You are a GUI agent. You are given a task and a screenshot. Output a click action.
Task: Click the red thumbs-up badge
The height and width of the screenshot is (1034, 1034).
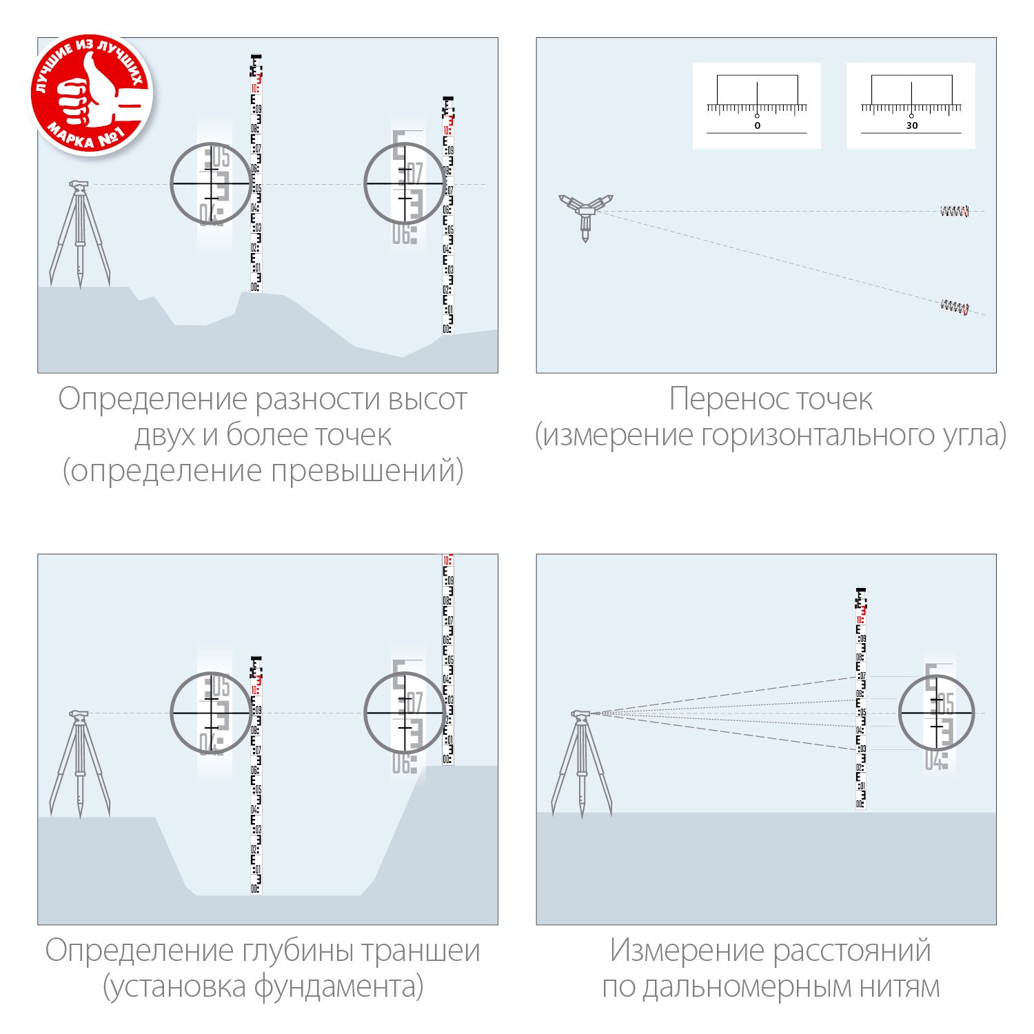(91, 94)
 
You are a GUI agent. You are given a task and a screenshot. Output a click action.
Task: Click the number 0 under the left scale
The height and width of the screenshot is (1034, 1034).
(757, 125)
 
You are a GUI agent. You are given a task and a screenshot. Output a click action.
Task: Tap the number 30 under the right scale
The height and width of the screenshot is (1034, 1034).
(911, 125)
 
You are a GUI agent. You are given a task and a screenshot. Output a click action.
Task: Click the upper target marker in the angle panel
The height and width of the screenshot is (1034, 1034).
(954, 212)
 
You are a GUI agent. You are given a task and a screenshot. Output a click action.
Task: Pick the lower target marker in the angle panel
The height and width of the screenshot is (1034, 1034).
(955, 307)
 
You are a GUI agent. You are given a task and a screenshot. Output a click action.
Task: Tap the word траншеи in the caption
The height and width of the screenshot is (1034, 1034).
(420, 951)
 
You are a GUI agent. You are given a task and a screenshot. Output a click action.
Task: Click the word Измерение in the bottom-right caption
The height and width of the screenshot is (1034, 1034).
(687, 951)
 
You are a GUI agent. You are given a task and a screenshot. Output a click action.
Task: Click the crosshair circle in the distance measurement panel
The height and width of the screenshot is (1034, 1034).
(936, 713)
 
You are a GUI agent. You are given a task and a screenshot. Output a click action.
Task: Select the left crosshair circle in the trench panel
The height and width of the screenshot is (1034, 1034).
(211, 713)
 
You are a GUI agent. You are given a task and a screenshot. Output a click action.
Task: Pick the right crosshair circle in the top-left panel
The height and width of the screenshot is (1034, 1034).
(405, 183)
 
